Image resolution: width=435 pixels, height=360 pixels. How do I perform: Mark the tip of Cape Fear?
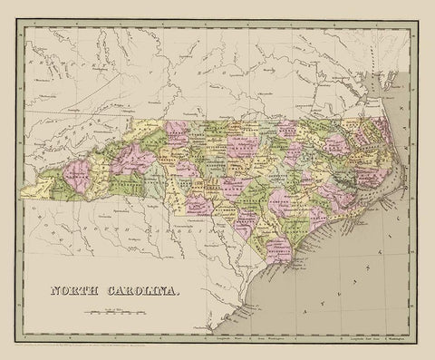click(x=313, y=263)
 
